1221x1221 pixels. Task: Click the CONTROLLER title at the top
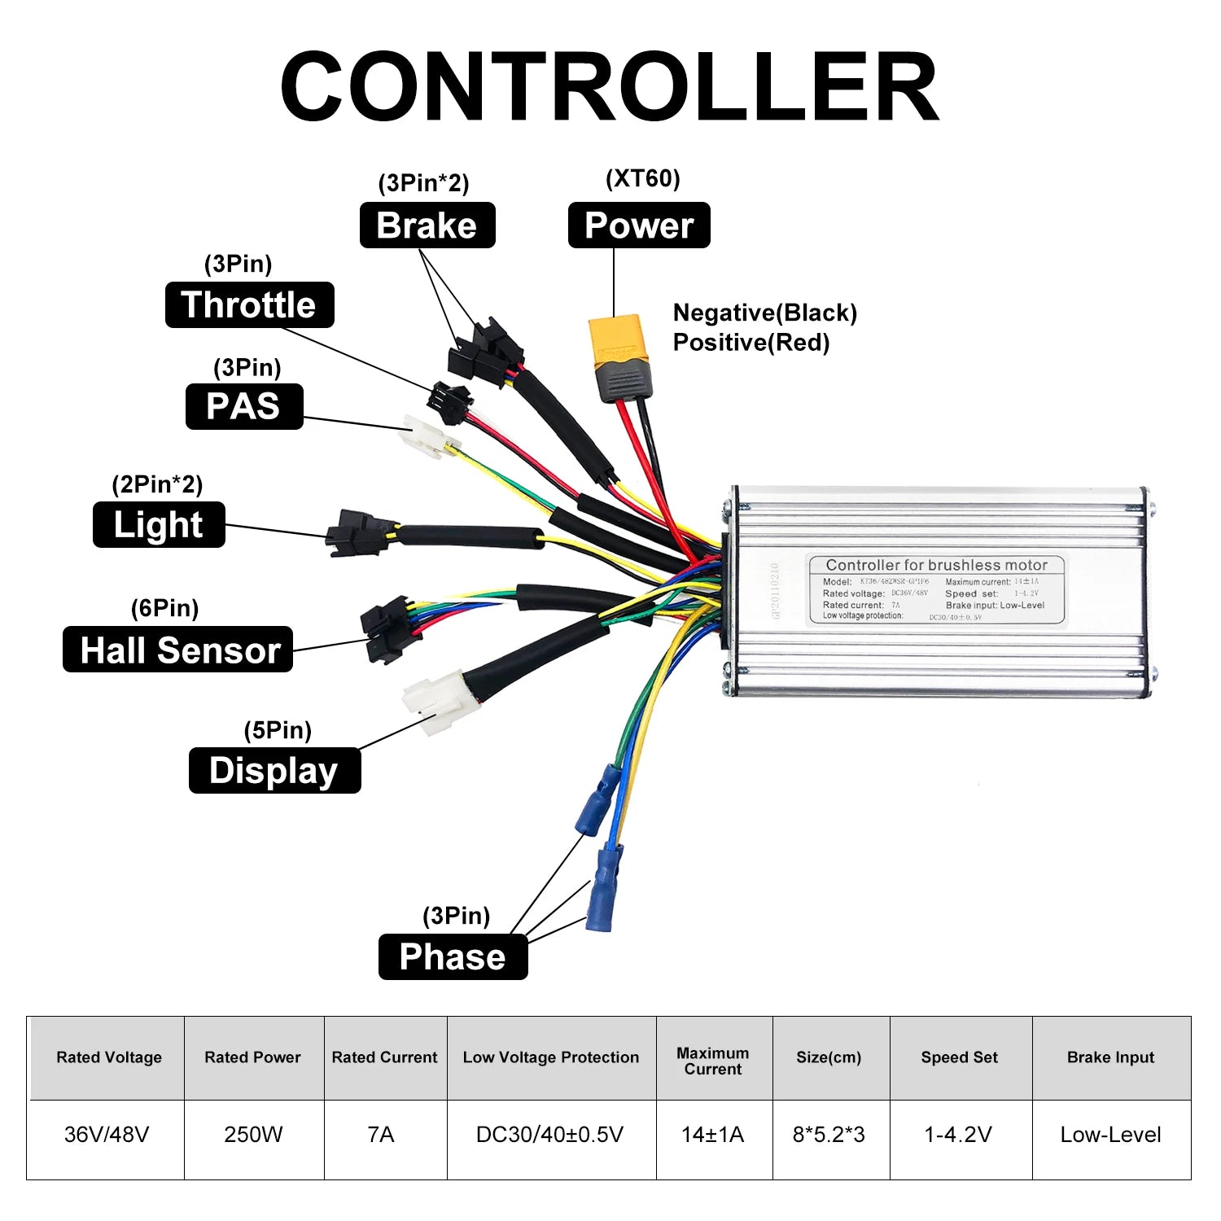[x=610, y=86]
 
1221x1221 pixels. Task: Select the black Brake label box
[x=427, y=225]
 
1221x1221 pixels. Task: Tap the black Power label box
[x=639, y=225]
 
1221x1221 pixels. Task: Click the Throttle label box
[x=249, y=305]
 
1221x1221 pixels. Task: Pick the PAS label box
[x=244, y=406]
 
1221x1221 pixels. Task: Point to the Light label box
[x=159, y=525]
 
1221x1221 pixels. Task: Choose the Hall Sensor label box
[x=178, y=650]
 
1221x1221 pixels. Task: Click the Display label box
[x=274, y=770]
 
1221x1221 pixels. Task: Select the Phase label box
[x=453, y=956]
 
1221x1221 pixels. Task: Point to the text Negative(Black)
[x=764, y=313]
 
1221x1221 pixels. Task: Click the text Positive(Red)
[x=751, y=343]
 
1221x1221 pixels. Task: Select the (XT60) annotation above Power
[x=642, y=178]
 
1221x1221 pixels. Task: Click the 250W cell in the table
[x=253, y=1134]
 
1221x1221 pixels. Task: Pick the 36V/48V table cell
[x=107, y=1134]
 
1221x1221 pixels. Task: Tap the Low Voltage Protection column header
[x=551, y=1057]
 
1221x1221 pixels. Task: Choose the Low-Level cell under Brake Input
[x=1110, y=1134]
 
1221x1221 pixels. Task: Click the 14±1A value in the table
[x=712, y=1134]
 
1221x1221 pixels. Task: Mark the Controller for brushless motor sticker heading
[x=936, y=565]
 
